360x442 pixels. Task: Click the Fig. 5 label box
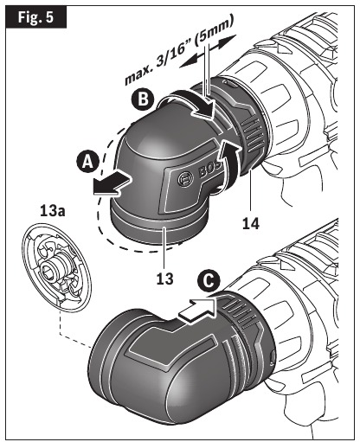(x=35, y=16)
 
